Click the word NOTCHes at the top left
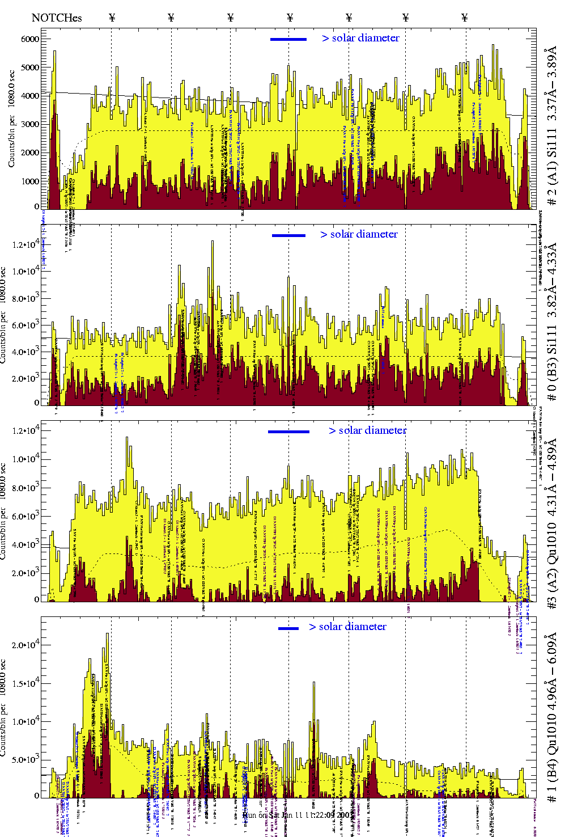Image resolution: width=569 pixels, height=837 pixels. coord(56,18)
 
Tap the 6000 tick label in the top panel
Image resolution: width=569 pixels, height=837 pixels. coord(29,39)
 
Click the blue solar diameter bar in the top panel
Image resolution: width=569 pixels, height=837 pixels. coord(288,39)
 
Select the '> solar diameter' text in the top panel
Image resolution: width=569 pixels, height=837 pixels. coord(360,38)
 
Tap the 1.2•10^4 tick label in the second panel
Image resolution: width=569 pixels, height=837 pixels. coord(27,244)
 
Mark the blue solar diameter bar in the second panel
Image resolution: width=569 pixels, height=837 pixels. coord(288,235)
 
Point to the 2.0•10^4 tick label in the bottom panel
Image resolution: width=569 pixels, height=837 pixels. coord(27,645)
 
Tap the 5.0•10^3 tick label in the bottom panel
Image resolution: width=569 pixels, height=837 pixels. coord(27,760)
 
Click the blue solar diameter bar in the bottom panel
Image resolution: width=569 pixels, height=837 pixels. coord(288,628)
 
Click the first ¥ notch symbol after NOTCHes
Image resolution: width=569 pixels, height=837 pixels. coord(112,18)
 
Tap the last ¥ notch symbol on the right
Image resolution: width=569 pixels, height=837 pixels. coord(465,18)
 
